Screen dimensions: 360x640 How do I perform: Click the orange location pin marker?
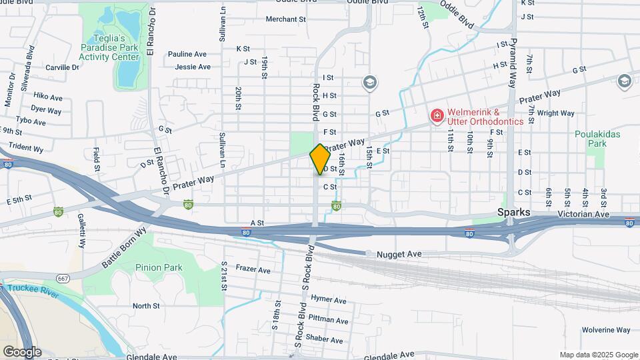(x=320, y=159)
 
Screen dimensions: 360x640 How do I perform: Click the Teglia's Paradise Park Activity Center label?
(x=109, y=48)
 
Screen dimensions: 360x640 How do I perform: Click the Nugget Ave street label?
(x=399, y=254)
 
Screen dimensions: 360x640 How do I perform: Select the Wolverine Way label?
(x=605, y=330)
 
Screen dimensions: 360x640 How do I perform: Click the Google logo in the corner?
(x=22, y=351)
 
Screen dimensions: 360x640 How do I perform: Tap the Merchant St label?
(x=285, y=19)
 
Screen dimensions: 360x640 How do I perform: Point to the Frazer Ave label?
(x=253, y=270)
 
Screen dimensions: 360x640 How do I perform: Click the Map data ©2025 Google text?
(x=599, y=355)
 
